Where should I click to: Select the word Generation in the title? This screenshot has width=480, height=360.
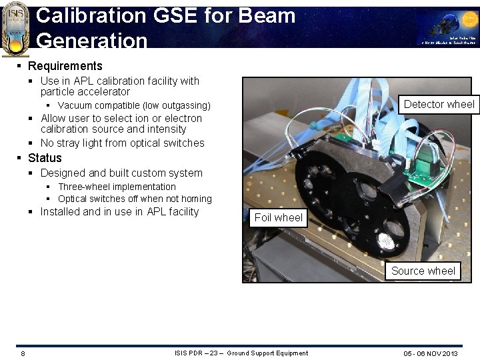coord(92,41)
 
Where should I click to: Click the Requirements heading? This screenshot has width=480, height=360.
coord(65,66)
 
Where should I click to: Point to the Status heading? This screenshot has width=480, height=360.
coord(45,158)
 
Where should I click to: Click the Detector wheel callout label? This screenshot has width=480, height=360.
coord(439,104)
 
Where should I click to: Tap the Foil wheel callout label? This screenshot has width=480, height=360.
coord(278,217)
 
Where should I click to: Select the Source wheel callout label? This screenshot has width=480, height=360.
coord(423,271)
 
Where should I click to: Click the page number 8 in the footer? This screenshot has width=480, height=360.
coord(23,353)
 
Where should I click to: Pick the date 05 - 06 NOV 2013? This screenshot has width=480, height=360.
coord(431,353)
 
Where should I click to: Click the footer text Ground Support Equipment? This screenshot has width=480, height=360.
coord(267,353)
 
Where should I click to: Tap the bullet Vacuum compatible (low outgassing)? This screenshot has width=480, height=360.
coord(134,105)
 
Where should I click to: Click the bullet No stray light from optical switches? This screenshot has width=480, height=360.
coord(122,143)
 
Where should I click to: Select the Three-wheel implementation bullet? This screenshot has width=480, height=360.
coord(117,187)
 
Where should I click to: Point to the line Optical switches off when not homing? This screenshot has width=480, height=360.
coord(135,199)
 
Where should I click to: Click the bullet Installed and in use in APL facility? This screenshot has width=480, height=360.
coord(119,211)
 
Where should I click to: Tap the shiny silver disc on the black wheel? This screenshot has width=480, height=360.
coord(385,242)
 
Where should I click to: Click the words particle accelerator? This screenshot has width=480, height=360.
coord(85,91)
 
